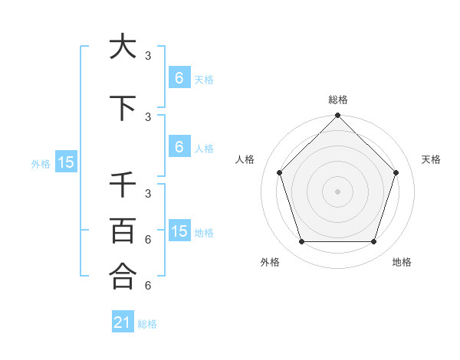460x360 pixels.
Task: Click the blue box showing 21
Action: click(x=122, y=322)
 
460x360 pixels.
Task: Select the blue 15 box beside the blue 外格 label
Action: click(x=65, y=162)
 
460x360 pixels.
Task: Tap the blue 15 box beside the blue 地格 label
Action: click(x=179, y=231)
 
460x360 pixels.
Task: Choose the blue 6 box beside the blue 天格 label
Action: click(x=179, y=78)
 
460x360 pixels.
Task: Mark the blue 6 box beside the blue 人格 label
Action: click(x=179, y=147)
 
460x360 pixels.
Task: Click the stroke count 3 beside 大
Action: click(x=148, y=56)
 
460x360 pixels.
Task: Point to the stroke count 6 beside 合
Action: click(x=148, y=285)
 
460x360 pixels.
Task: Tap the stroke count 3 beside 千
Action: click(x=148, y=194)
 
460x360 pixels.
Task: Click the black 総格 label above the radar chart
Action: click(x=337, y=100)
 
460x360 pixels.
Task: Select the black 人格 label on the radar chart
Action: click(x=245, y=159)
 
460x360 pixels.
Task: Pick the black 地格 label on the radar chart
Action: click(x=402, y=262)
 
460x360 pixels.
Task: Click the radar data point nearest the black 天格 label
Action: click(x=396, y=172)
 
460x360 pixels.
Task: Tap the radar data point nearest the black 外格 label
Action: click(x=301, y=242)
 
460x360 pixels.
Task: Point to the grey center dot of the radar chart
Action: click(x=337, y=191)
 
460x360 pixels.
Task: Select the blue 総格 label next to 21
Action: click(x=147, y=324)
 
